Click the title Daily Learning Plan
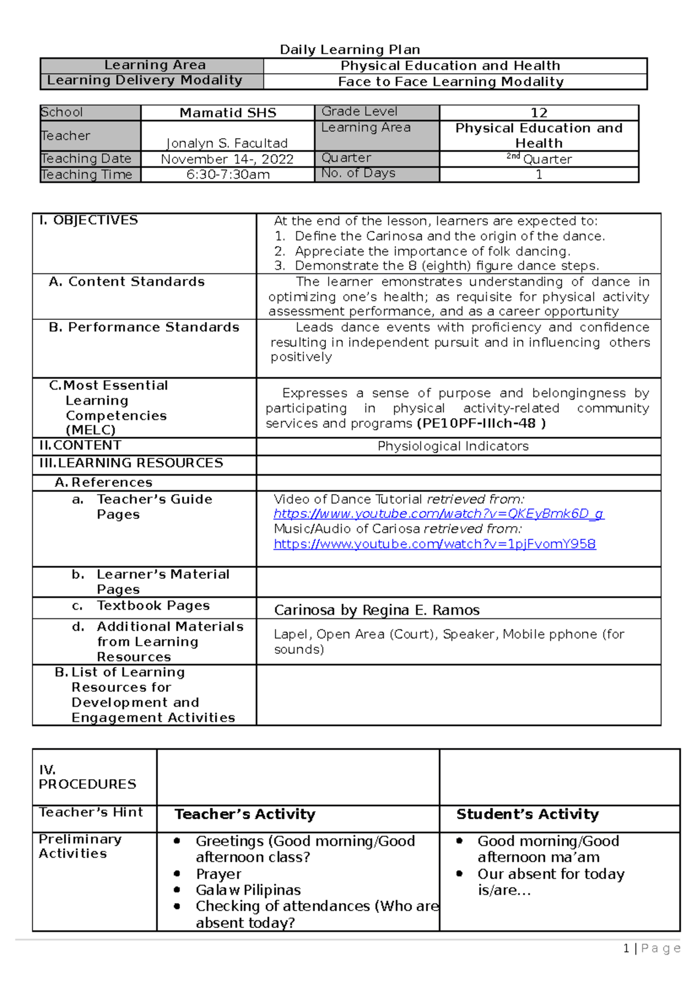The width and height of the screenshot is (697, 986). [x=350, y=49]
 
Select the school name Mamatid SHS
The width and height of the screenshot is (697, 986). [x=228, y=113]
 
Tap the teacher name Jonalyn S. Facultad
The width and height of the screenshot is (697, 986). [x=227, y=143]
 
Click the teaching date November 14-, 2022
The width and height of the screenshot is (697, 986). [x=227, y=159]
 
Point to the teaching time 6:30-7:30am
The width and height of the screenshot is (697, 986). [x=228, y=174]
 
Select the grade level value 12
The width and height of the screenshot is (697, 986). [x=539, y=113]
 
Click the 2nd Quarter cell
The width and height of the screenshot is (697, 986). [x=539, y=159]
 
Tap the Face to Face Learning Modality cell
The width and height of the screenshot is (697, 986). [x=451, y=81]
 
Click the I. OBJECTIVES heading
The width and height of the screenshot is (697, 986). [x=88, y=220]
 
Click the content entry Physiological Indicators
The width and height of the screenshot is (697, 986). [x=453, y=446]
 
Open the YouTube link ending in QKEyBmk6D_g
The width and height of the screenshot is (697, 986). [x=439, y=514]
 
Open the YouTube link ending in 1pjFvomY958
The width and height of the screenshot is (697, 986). [x=434, y=544]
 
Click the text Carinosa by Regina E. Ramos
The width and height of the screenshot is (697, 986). [x=376, y=610]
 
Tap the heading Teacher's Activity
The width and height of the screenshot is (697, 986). [x=245, y=814]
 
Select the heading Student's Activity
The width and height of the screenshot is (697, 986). [x=527, y=814]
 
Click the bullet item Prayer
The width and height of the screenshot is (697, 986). [x=218, y=874]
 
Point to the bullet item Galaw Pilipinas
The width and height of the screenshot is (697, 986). [x=248, y=890]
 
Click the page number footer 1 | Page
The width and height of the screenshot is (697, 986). [x=651, y=948]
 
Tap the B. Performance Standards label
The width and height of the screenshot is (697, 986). [x=144, y=328]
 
